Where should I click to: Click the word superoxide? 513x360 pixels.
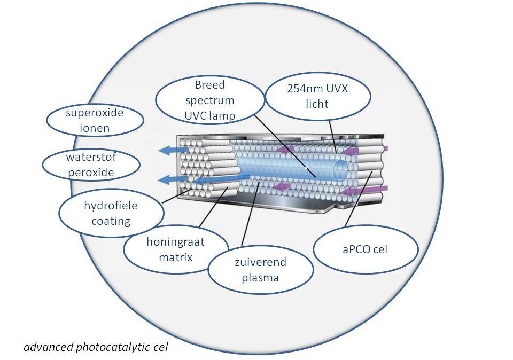click(95, 113)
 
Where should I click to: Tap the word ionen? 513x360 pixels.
click(95, 128)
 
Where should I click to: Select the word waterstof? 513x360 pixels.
click(91, 157)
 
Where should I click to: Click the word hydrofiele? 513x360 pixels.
click(111, 205)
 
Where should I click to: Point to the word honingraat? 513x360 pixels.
click(175, 242)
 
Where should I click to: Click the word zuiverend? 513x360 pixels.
click(260, 262)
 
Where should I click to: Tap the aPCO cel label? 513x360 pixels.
click(365, 249)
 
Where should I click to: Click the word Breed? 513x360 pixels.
click(209, 85)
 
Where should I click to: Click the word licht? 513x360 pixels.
click(317, 104)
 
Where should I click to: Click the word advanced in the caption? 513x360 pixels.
click(48, 347)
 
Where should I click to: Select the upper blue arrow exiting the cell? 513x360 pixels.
click(173, 150)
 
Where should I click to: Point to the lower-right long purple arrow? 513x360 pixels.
click(364, 190)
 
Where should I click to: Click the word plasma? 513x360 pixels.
click(260, 278)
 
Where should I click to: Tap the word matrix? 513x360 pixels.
click(175, 257)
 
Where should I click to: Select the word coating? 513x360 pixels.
click(111, 221)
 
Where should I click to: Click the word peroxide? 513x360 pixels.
click(91, 173)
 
